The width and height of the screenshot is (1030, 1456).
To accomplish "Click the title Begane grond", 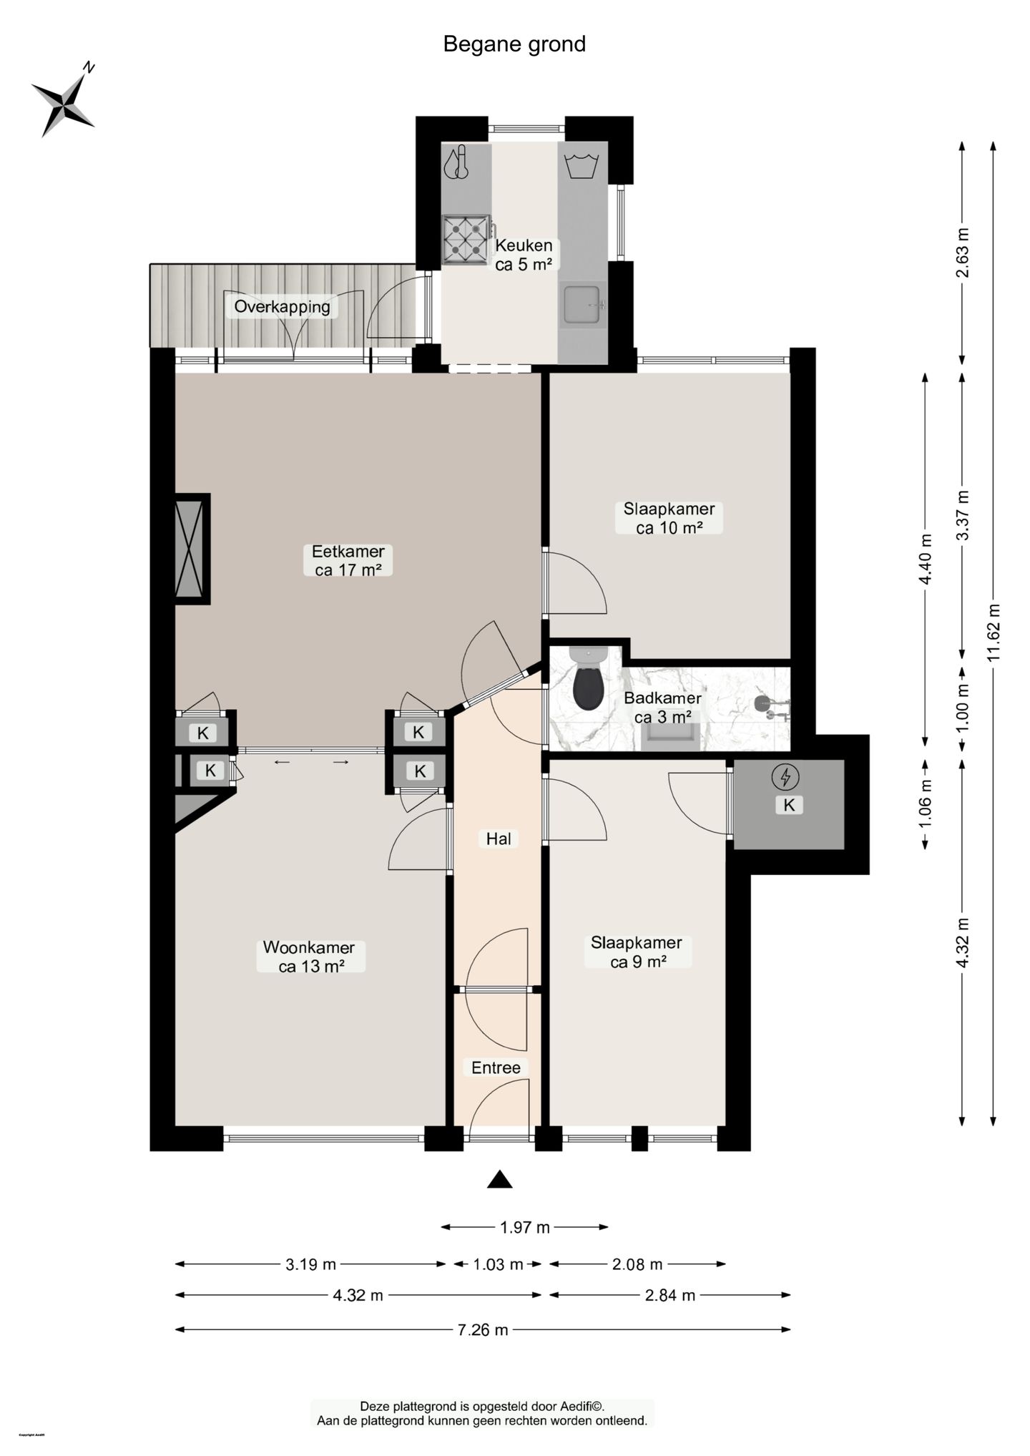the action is (514, 44).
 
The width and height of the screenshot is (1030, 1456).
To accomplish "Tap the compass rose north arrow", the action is (64, 99).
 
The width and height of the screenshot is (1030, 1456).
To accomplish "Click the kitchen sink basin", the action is (583, 304).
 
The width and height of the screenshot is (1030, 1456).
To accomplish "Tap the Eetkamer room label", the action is (348, 561).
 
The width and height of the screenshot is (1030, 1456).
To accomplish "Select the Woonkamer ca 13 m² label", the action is (309, 957).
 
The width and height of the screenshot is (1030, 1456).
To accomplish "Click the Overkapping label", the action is (282, 307).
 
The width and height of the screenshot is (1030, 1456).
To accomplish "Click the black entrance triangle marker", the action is (499, 1180).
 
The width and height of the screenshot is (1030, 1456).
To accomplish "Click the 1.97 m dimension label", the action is (525, 1228).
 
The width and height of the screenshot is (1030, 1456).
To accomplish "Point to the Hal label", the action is (499, 839).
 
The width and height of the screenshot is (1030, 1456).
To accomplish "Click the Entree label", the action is (496, 1067).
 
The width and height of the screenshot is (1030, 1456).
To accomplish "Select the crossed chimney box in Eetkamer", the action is (192, 549).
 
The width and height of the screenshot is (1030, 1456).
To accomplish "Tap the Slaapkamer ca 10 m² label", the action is (669, 518).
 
